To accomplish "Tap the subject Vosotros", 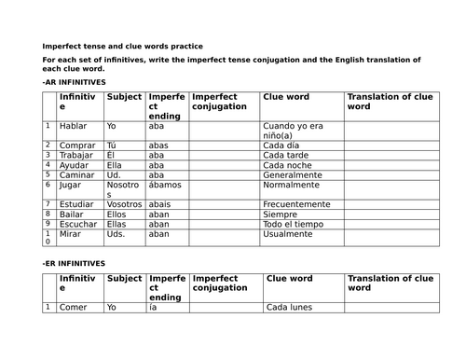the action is click(x=124, y=204).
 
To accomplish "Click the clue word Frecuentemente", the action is click(x=296, y=204).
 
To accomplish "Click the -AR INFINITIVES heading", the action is click(x=74, y=82).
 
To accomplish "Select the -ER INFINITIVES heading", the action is click(x=74, y=265).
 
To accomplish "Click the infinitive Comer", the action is click(x=73, y=307).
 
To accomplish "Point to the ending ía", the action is click(x=154, y=307).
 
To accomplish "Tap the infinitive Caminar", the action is click(x=77, y=175).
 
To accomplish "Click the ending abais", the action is click(x=161, y=204).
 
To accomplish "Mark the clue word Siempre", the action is click(x=280, y=215).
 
